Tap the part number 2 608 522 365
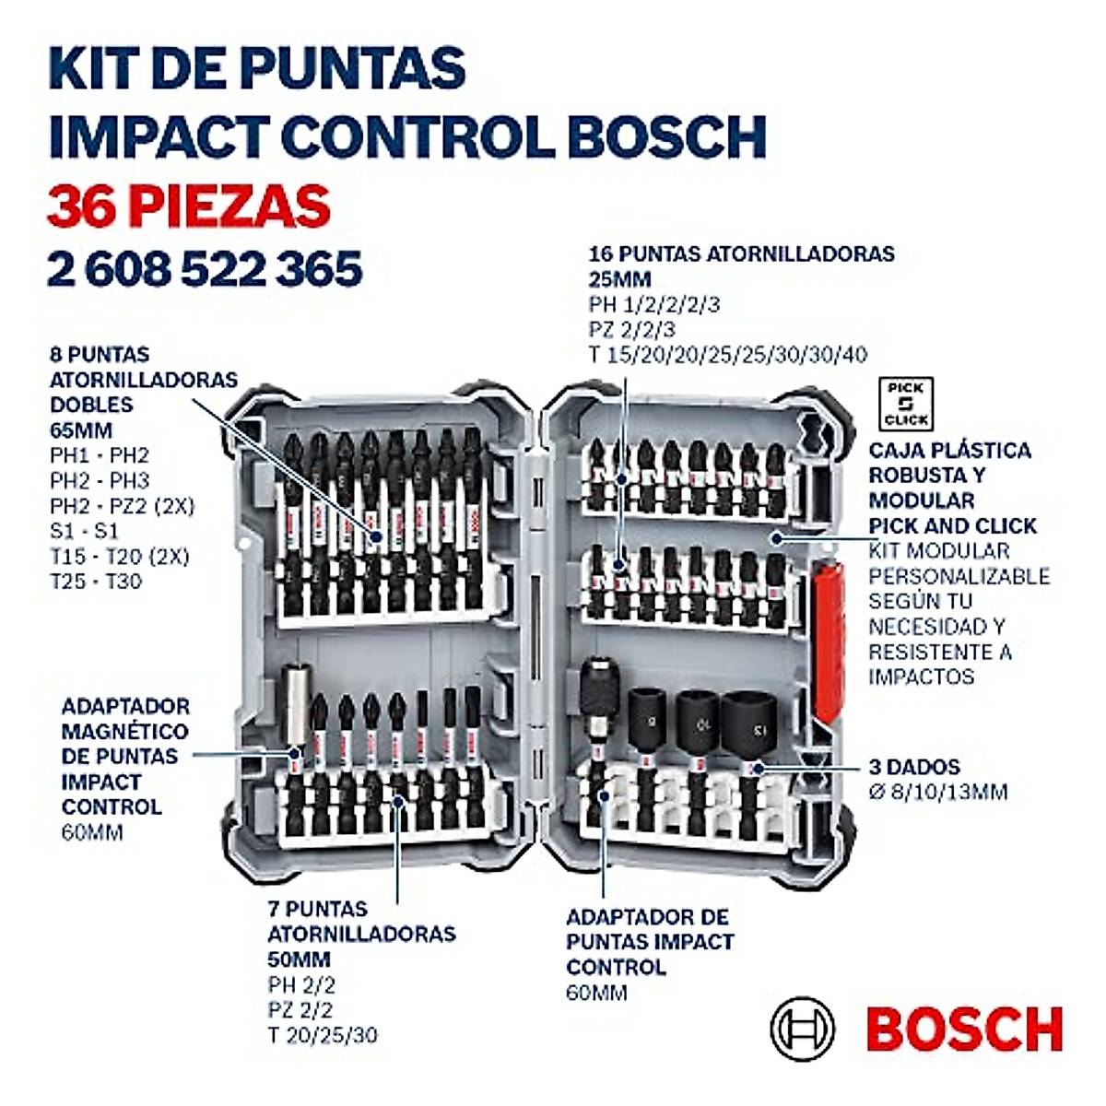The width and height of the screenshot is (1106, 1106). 205,269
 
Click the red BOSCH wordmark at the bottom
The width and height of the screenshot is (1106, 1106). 964,1030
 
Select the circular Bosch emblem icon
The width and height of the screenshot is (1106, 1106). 802,1028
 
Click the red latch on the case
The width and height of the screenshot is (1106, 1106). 829,636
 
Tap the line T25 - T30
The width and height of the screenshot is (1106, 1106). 96,582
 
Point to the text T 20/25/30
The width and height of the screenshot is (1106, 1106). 323,1035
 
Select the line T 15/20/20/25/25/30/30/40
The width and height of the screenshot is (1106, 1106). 727,355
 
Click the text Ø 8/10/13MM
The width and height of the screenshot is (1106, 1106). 938,791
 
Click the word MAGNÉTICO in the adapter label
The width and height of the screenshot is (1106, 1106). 125,731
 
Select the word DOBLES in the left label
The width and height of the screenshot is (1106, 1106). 91,405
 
